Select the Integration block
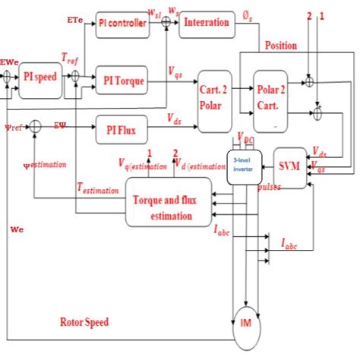(x=206, y=23)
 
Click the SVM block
(x=289, y=165)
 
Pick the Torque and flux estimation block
(x=169, y=201)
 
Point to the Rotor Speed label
(x=84, y=322)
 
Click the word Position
(x=281, y=46)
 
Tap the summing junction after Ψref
(x=34, y=131)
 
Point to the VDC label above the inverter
(x=245, y=139)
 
